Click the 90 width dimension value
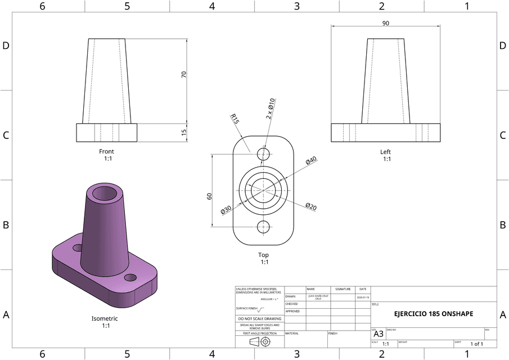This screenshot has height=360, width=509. pos(385,23)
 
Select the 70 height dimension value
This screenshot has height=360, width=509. pos(183,74)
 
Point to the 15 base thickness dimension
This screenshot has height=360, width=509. pos(183,132)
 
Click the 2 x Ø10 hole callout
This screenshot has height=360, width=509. pos(271,109)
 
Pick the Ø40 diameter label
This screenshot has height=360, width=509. pos(311,161)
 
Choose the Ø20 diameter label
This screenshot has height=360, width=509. pos(311,206)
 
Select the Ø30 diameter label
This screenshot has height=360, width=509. pos(226,210)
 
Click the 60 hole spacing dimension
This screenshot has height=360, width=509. pos(209,196)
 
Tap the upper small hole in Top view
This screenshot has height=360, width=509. pos(263,154)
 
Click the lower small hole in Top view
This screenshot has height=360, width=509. pos(263,227)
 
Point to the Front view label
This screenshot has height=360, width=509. pos(106,151)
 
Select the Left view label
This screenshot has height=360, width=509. pos(385,152)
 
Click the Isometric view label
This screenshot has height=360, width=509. pos(105,318)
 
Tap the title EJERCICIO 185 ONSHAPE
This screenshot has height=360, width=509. pos(433,314)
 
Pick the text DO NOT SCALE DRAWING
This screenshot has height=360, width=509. pos(260,319)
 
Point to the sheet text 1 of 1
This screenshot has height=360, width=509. pos(476,344)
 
